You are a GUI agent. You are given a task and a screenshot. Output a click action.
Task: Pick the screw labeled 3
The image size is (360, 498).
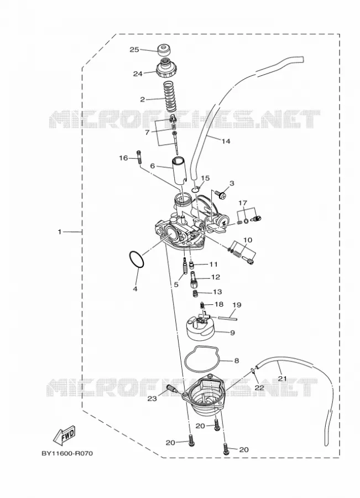tap(220, 194)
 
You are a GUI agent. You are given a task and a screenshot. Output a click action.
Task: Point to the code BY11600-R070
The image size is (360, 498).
tap(67, 453)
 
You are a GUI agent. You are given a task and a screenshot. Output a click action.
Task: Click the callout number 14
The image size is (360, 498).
tap(226, 141)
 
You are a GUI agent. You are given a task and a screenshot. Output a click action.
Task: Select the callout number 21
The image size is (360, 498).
tap(282, 378)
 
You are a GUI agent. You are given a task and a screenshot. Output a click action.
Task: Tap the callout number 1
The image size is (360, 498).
tap(60, 232)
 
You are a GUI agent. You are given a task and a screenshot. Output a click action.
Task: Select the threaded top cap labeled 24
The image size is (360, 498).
tap(165, 68)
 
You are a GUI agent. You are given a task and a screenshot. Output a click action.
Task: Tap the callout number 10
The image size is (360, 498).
tap(248, 240)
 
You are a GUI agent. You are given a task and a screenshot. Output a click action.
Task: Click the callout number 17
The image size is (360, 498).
tap(243, 203)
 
